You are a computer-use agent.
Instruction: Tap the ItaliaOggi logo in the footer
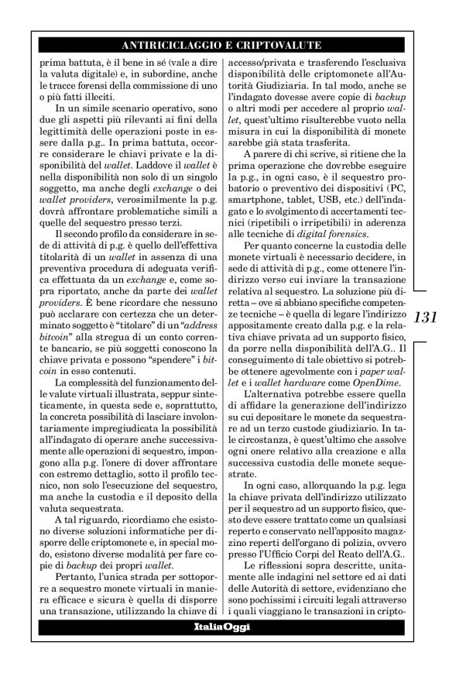click(224, 626)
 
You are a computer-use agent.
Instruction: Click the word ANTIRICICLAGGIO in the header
click(164, 46)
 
